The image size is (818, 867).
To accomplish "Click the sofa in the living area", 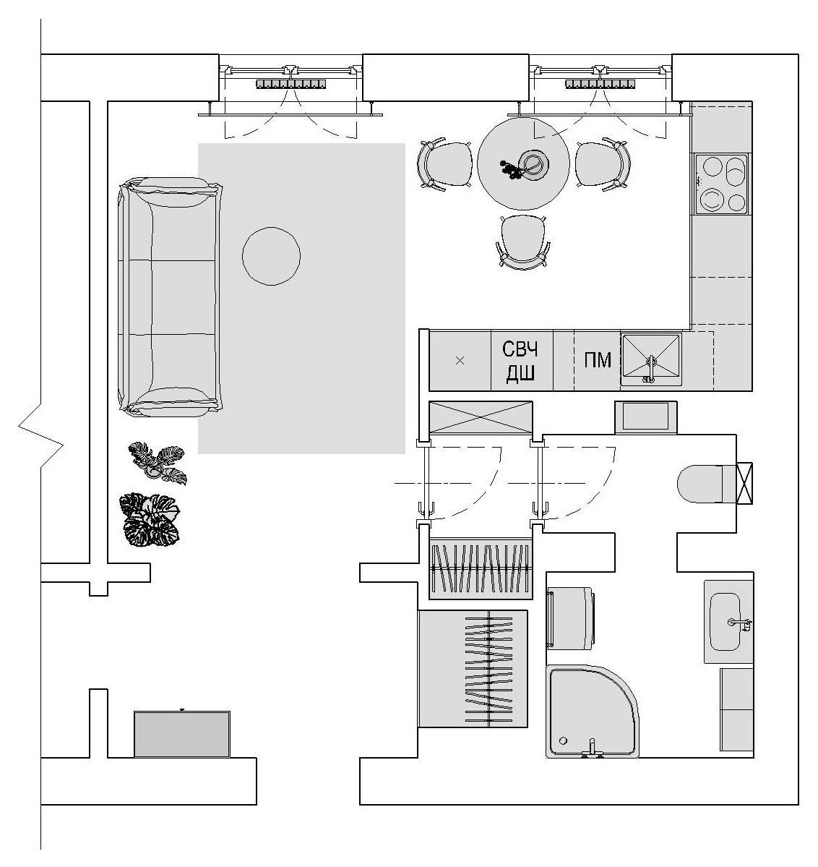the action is click(x=171, y=296).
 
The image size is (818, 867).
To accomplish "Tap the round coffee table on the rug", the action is click(x=272, y=256).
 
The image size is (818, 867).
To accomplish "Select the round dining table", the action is click(x=523, y=163).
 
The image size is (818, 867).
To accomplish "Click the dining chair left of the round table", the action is click(x=445, y=164).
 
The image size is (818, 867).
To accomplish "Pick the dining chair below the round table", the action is click(x=523, y=242).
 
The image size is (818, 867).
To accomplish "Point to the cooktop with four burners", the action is click(x=721, y=184).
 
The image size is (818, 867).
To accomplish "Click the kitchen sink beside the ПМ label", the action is click(x=651, y=359).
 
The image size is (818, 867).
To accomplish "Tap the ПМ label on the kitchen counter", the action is click(x=598, y=360).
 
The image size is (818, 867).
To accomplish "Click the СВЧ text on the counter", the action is click(x=520, y=349).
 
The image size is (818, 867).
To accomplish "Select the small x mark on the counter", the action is click(x=460, y=361).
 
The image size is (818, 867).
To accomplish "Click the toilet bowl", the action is click(x=707, y=484).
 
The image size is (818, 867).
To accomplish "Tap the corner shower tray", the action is click(x=593, y=711).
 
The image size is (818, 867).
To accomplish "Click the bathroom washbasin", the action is click(x=726, y=621).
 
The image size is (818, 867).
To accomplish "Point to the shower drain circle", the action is click(x=563, y=740).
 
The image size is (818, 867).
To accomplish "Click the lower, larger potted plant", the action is click(x=150, y=520).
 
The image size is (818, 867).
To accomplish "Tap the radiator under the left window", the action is click(x=290, y=84).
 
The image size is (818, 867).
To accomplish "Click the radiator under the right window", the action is click(x=600, y=84).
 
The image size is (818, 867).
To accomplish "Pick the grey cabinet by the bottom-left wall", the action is click(x=182, y=734).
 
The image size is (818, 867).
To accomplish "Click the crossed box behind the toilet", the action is click(x=744, y=484).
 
